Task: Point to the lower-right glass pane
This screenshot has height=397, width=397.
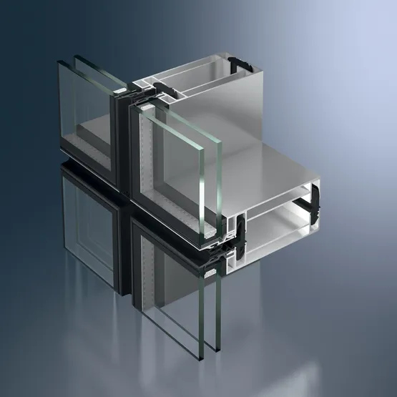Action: (x=175, y=300)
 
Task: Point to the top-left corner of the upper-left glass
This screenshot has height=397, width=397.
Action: (x=60, y=60)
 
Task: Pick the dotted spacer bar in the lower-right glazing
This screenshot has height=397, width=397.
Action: (x=147, y=286)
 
